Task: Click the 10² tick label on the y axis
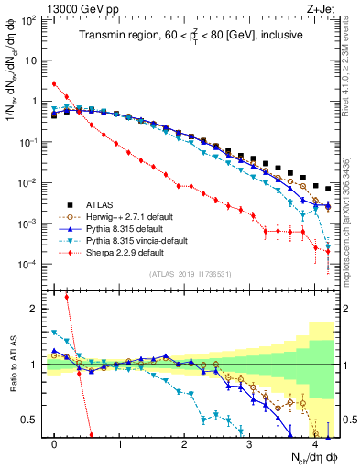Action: point(29,20)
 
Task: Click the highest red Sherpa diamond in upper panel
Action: point(54,83)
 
